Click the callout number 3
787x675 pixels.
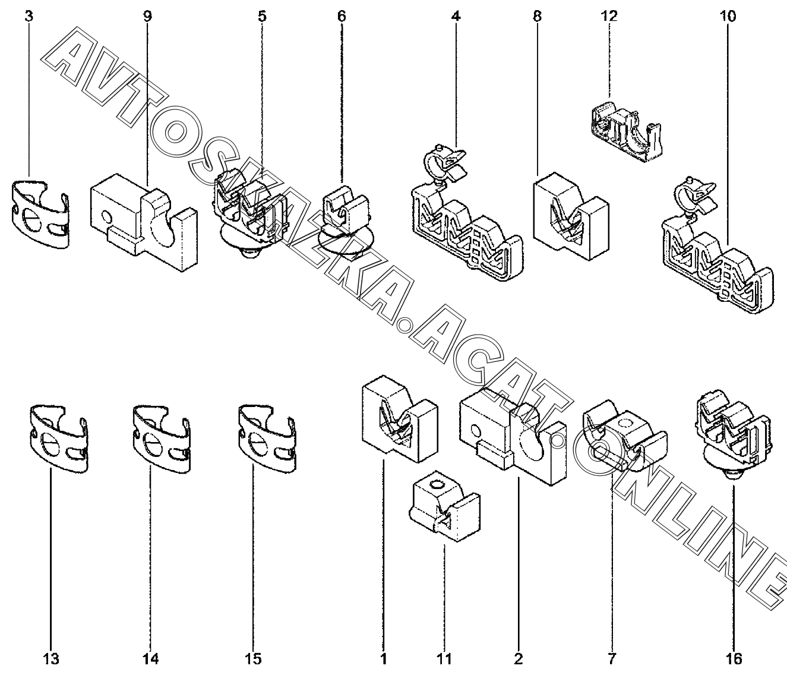point(29,16)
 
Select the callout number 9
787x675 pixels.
point(147,16)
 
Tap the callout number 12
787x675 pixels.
point(609,16)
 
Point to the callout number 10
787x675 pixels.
point(727,16)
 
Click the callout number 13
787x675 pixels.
point(50,658)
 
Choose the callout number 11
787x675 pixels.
point(444,658)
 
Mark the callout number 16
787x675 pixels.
point(734,658)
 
